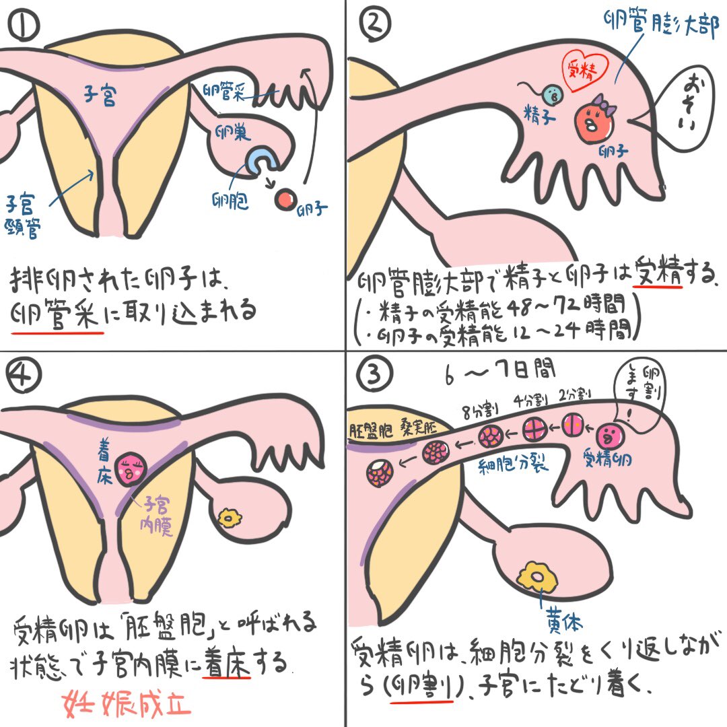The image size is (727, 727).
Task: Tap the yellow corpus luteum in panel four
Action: pos(231,517)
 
